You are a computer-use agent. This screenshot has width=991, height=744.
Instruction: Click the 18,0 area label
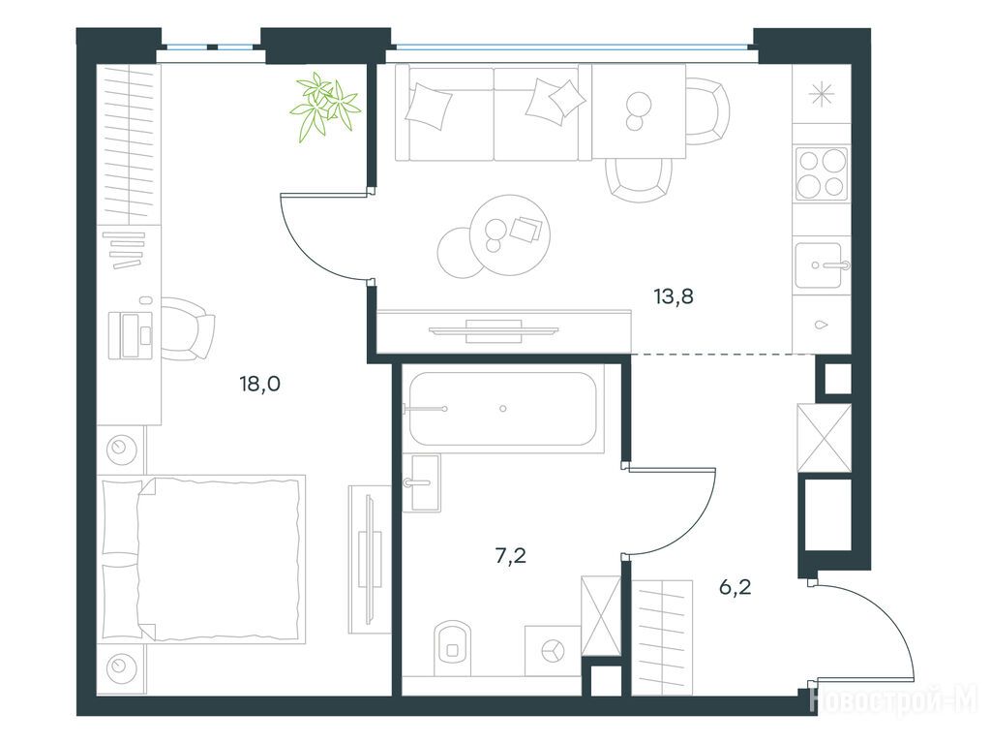[259, 384]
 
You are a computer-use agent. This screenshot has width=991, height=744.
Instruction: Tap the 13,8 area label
[674, 295]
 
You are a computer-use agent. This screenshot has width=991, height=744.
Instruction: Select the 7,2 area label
[511, 556]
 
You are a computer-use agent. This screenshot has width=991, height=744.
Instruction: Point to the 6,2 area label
[736, 588]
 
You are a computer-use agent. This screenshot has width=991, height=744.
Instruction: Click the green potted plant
[325, 106]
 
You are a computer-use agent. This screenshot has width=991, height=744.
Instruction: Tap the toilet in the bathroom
[453, 646]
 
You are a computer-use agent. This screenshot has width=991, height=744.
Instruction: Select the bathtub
[503, 409]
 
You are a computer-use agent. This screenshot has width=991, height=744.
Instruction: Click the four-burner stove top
[821, 172]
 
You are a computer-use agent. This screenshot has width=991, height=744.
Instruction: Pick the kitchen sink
[821, 265]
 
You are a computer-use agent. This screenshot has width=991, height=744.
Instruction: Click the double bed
[201, 559]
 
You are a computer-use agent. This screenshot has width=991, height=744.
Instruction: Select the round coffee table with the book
[510, 234]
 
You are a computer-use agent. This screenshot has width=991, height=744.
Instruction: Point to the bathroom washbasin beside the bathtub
[422, 482]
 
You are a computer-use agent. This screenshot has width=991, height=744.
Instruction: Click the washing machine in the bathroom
[553, 651]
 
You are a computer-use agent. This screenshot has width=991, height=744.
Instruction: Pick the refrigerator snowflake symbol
[821, 95]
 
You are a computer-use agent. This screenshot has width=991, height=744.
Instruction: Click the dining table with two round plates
[639, 111]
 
